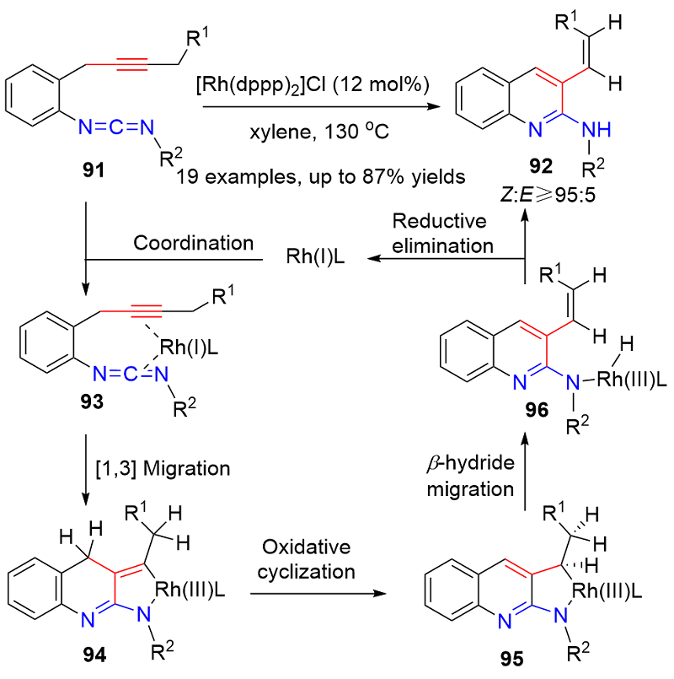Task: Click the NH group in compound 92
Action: click(x=596, y=129)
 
